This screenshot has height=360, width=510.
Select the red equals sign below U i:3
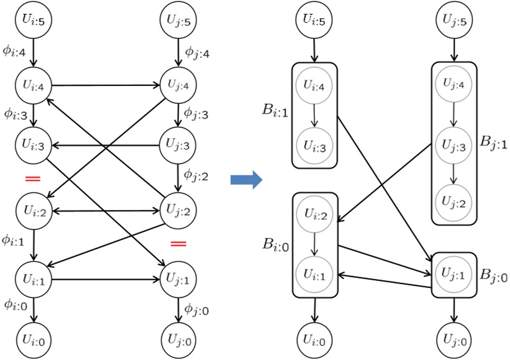point(32,178)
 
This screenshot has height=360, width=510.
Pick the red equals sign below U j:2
point(178,243)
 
